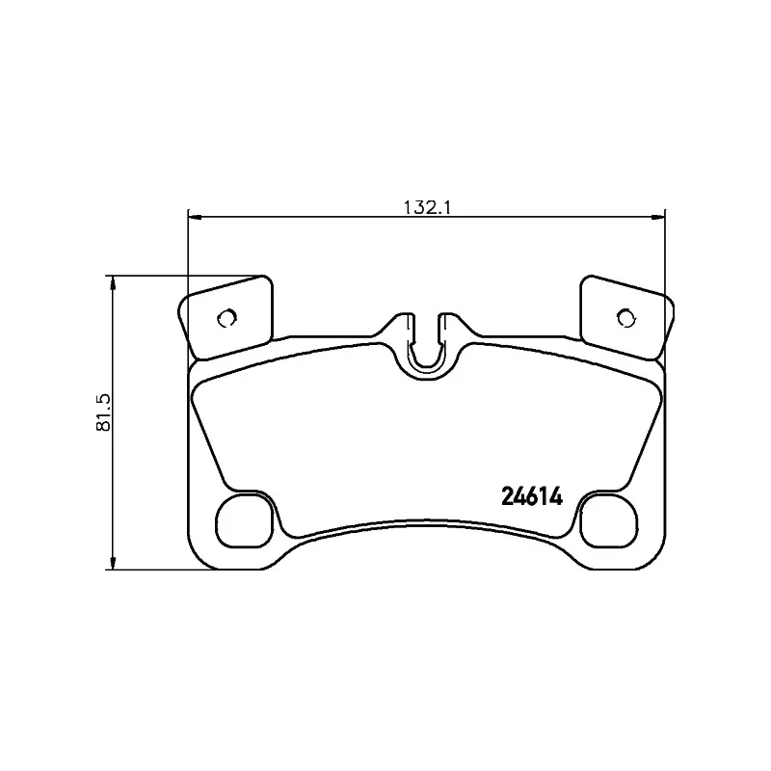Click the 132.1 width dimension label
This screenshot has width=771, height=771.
427,207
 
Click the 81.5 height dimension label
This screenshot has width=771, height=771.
104,412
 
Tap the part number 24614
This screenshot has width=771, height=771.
532,497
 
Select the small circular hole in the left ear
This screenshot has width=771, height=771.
227,318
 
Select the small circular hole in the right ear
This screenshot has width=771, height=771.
625,318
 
